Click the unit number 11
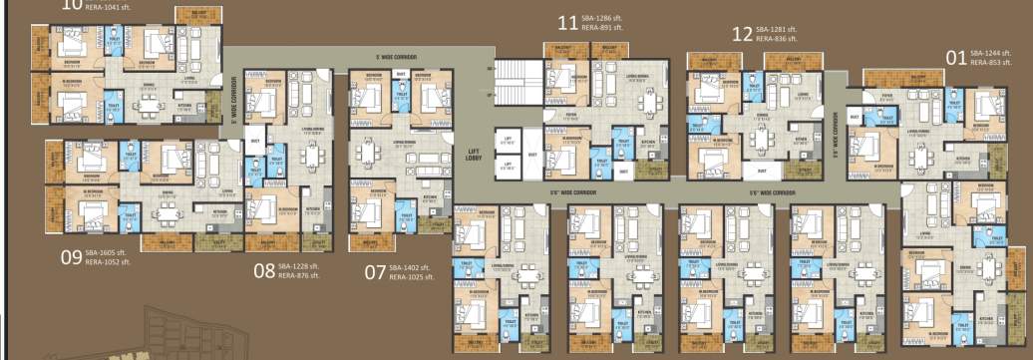pyautogui.click(x=567, y=22)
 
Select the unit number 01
pyautogui.click(x=956, y=58)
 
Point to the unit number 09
pyautogui.click(x=70, y=258)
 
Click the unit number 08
pyautogui.click(x=263, y=268)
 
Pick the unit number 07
pyautogui.click(x=374, y=270)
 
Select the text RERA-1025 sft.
pyautogui.click(x=412, y=276)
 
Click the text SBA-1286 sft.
pyautogui.click(x=604, y=18)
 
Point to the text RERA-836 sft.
pyautogui.click(x=778, y=39)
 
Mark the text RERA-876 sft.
pyautogui.click(x=299, y=275)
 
